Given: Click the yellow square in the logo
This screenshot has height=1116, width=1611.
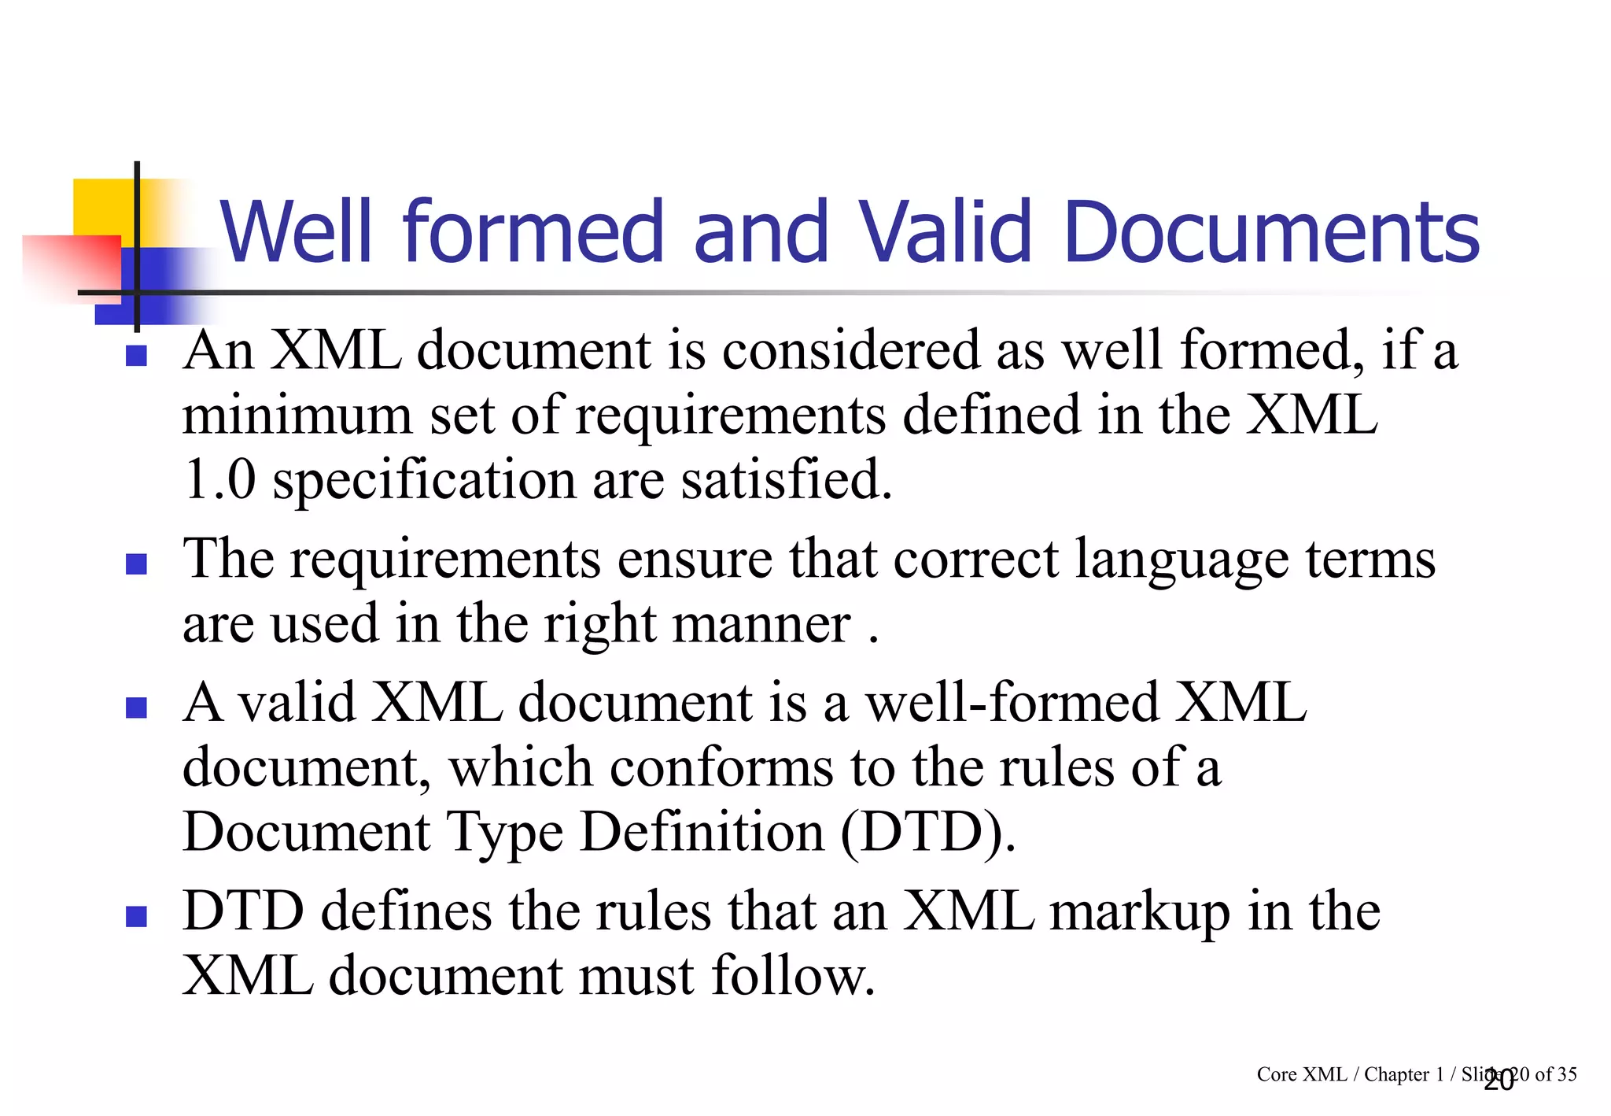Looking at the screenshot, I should click(102, 206).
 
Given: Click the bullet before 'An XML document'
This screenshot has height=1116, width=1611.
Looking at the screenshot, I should click(137, 357).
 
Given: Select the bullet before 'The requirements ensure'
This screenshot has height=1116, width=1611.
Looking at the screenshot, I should click(137, 564).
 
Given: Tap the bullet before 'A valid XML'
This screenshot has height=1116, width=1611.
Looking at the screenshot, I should click(137, 708).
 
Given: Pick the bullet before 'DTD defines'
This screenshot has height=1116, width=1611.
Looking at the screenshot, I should click(137, 916).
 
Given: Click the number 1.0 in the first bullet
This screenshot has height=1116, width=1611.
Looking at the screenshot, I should click(219, 479).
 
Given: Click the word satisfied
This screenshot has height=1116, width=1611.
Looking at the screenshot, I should click(786, 479).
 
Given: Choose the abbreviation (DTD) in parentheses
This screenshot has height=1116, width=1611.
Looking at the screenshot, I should click(927, 833).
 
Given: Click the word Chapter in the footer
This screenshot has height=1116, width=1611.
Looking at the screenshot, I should click(1396, 1074).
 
